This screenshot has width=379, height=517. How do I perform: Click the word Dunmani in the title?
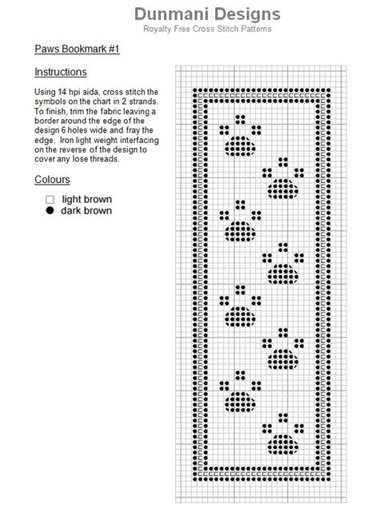tap(172, 14)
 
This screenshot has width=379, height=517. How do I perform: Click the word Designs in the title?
tap(247, 14)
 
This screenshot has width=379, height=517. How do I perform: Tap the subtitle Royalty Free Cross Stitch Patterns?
tap(207, 29)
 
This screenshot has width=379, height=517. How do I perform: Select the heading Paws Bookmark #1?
tap(77, 49)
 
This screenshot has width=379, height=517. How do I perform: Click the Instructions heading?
tap(61, 72)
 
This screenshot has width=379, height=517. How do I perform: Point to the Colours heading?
tap(52, 179)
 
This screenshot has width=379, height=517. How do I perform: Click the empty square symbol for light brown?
tap(50, 200)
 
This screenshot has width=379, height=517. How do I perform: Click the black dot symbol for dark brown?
tap(50, 210)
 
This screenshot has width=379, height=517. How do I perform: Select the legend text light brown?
tap(86, 199)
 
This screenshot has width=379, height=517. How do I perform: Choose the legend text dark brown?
tap(86, 210)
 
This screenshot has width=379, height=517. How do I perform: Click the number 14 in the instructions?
tap(62, 92)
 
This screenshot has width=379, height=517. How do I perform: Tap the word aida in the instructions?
tap(90, 92)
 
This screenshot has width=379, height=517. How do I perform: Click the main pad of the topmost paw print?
tap(240, 146)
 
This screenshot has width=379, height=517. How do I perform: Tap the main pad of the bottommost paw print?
tap(283, 444)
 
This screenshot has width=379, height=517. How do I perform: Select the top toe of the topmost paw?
tap(240, 119)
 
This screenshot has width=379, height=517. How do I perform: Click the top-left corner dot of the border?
tap(195, 90)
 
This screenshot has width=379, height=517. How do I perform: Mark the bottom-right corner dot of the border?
tap(328, 479)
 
